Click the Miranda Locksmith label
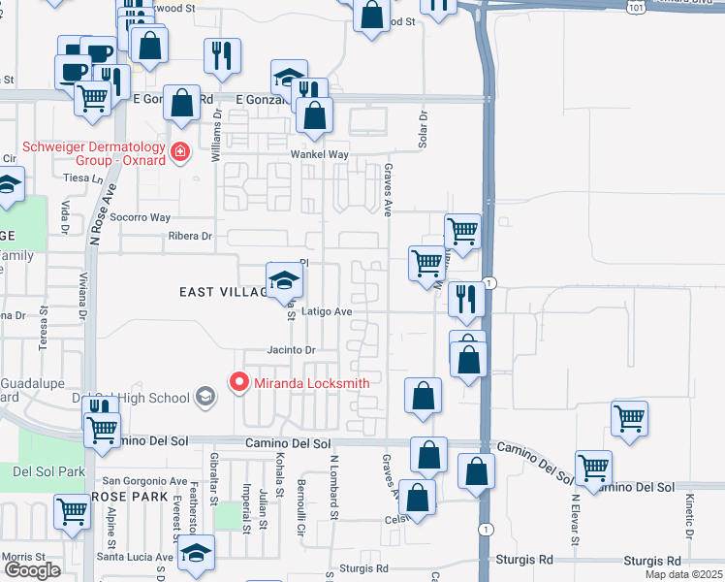(312, 383)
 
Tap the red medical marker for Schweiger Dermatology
(179, 152)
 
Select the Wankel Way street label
(319, 155)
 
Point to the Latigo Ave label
(326, 312)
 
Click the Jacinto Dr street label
(293, 350)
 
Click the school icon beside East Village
(284, 281)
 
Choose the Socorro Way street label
(140, 217)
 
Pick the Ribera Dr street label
(189, 236)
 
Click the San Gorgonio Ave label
(145, 481)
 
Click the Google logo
(32, 570)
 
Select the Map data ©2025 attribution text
(682, 574)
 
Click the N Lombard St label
(333, 484)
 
